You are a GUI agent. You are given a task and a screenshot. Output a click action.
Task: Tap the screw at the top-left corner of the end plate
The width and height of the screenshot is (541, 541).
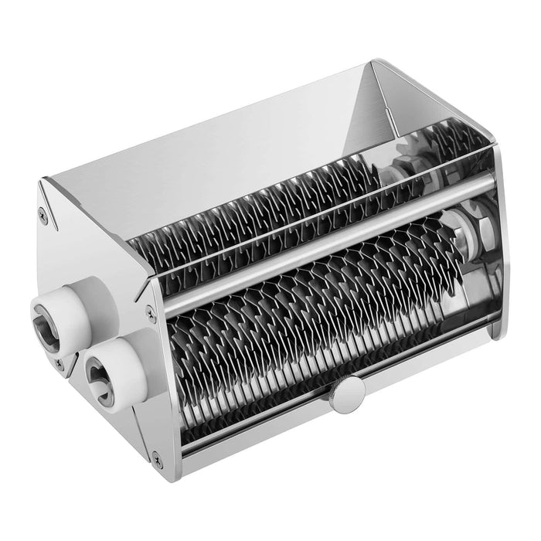click(x=43, y=219)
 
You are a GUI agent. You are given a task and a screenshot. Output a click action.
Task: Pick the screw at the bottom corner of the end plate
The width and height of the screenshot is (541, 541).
click(x=158, y=463)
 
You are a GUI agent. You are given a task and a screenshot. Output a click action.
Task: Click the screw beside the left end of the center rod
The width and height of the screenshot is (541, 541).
click(x=151, y=312)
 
